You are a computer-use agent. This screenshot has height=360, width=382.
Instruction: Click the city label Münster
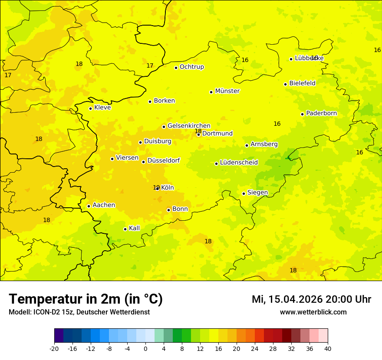(x=227, y=91)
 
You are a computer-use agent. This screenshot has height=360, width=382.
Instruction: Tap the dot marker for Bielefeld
(x=285, y=84)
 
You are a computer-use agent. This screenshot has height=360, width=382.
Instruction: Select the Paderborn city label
(x=321, y=113)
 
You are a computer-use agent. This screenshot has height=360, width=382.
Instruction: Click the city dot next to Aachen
(x=89, y=206)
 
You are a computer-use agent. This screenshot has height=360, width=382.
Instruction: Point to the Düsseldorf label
(x=163, y=160)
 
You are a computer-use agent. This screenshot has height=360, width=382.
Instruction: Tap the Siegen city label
(x=257, y=193)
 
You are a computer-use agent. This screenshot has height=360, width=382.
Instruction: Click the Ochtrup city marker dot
(x=176, y=68)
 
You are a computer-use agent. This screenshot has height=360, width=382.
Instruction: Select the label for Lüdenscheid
(x=239, y=163)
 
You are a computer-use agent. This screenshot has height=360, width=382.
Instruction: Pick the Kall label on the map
(x=134, y=228)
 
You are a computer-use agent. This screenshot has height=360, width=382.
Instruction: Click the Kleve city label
(x=102, y=108)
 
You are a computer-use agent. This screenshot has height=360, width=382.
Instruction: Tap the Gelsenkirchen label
(x=189, y=126)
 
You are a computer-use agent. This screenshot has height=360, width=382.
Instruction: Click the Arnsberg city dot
(x=247, y=145)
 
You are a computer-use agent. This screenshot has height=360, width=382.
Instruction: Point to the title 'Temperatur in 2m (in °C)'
(x=86, y=299)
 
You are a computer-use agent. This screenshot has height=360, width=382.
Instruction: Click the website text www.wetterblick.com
(x=313, y=312)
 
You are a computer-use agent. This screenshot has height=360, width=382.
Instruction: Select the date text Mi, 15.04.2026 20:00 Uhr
(x=311, y=300)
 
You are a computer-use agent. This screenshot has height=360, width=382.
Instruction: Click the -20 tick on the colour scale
(x=54, y=349)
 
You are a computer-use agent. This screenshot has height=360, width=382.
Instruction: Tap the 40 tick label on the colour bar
(x=328, y=349)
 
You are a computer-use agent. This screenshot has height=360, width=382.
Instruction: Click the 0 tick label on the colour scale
(x=145, y=349)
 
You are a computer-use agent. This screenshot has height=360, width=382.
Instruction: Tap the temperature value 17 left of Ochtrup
(x=150, y=66)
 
